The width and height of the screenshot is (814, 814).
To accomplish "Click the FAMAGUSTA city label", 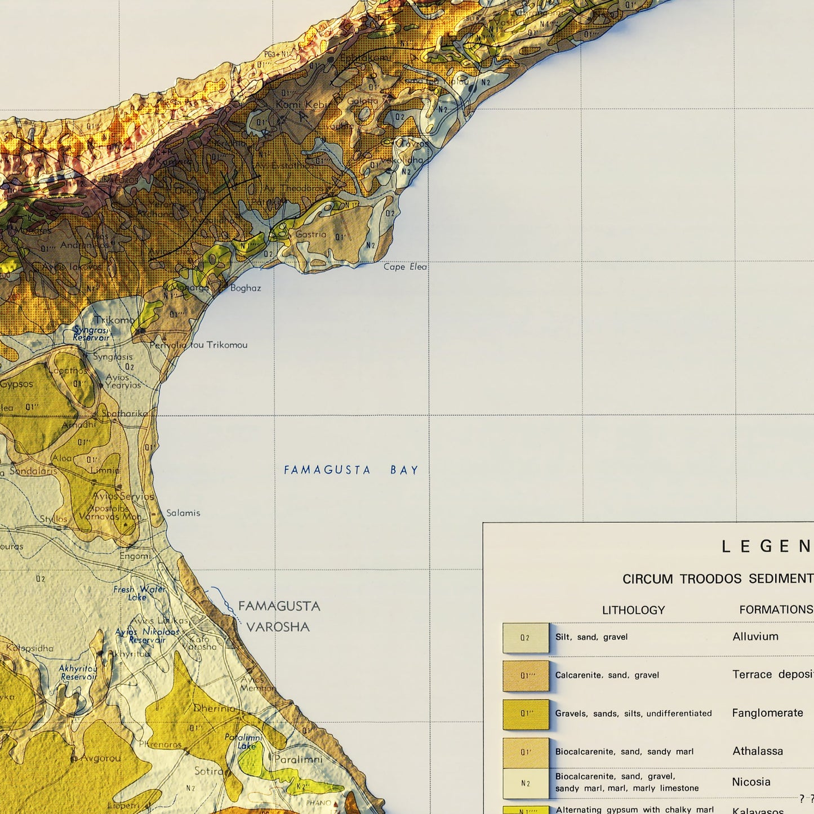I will coord(279,606).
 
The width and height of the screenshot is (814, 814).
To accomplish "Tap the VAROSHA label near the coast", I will coord(278,627).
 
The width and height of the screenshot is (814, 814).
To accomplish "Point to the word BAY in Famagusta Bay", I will coord(404,470).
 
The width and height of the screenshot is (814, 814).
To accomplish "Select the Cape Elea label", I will coord(405,266).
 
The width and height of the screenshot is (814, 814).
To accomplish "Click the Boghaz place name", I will coord(246,288).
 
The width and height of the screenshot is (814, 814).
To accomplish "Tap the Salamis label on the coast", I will coord(183,513).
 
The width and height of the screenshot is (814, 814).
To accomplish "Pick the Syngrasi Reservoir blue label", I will coord(91,333).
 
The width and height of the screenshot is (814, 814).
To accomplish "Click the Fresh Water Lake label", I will coord(139,593).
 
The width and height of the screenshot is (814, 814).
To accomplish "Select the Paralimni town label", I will coord(298,759).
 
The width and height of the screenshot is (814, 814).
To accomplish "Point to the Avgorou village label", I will coord(100,758).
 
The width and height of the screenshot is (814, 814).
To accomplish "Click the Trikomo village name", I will coord(114,320).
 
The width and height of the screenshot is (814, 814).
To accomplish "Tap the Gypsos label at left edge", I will coord(17,384).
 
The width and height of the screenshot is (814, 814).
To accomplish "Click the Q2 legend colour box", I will coord(525,638).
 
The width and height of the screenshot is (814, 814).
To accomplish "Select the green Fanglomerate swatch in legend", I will coord(525,714).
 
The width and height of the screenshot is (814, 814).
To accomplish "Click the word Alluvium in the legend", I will coord(755,637).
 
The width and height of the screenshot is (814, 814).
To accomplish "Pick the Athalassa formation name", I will coord(757,751).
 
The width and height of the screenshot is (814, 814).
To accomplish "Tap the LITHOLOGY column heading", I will coord(633,610).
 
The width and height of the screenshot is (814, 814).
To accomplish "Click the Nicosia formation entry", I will coord(750,782).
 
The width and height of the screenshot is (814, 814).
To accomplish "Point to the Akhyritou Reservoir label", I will coord(78,673).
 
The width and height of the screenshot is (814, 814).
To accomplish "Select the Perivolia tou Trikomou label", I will coord(198,345).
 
